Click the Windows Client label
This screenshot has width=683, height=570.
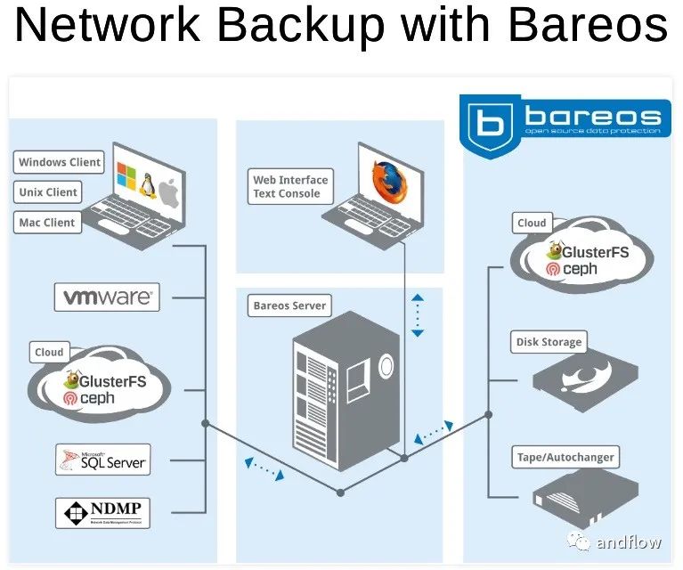pyautogui.click(x=60, y=163)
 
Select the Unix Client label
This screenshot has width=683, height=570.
pyautogui.click(x=48, y=192)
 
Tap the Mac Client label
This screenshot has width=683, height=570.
pyautogui.click(x=47, y=223)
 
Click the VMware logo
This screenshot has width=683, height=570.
pyautogui.click(x=108, y=297)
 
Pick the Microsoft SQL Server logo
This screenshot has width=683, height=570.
pyautogui.click(x=102, y=460)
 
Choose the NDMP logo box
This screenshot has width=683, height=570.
pyautogui.click(x=102, y=513)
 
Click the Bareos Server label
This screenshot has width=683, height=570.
pyautogui.click(x=289, y=305)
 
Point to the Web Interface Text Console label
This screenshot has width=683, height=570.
pyautogui.click(x=290, y=186)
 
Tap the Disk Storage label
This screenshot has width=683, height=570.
pyautogui.click(x=549, y=342)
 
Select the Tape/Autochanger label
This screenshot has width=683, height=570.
pyautogui.click(x=565, y=458)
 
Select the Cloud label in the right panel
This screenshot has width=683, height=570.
pyautogui.click(x=532, y=224)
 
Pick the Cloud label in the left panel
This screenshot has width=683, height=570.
pyautogui.click(x=49, y=353)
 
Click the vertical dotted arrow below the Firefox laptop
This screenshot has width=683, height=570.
pyautogui.click(x=418, y=314)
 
